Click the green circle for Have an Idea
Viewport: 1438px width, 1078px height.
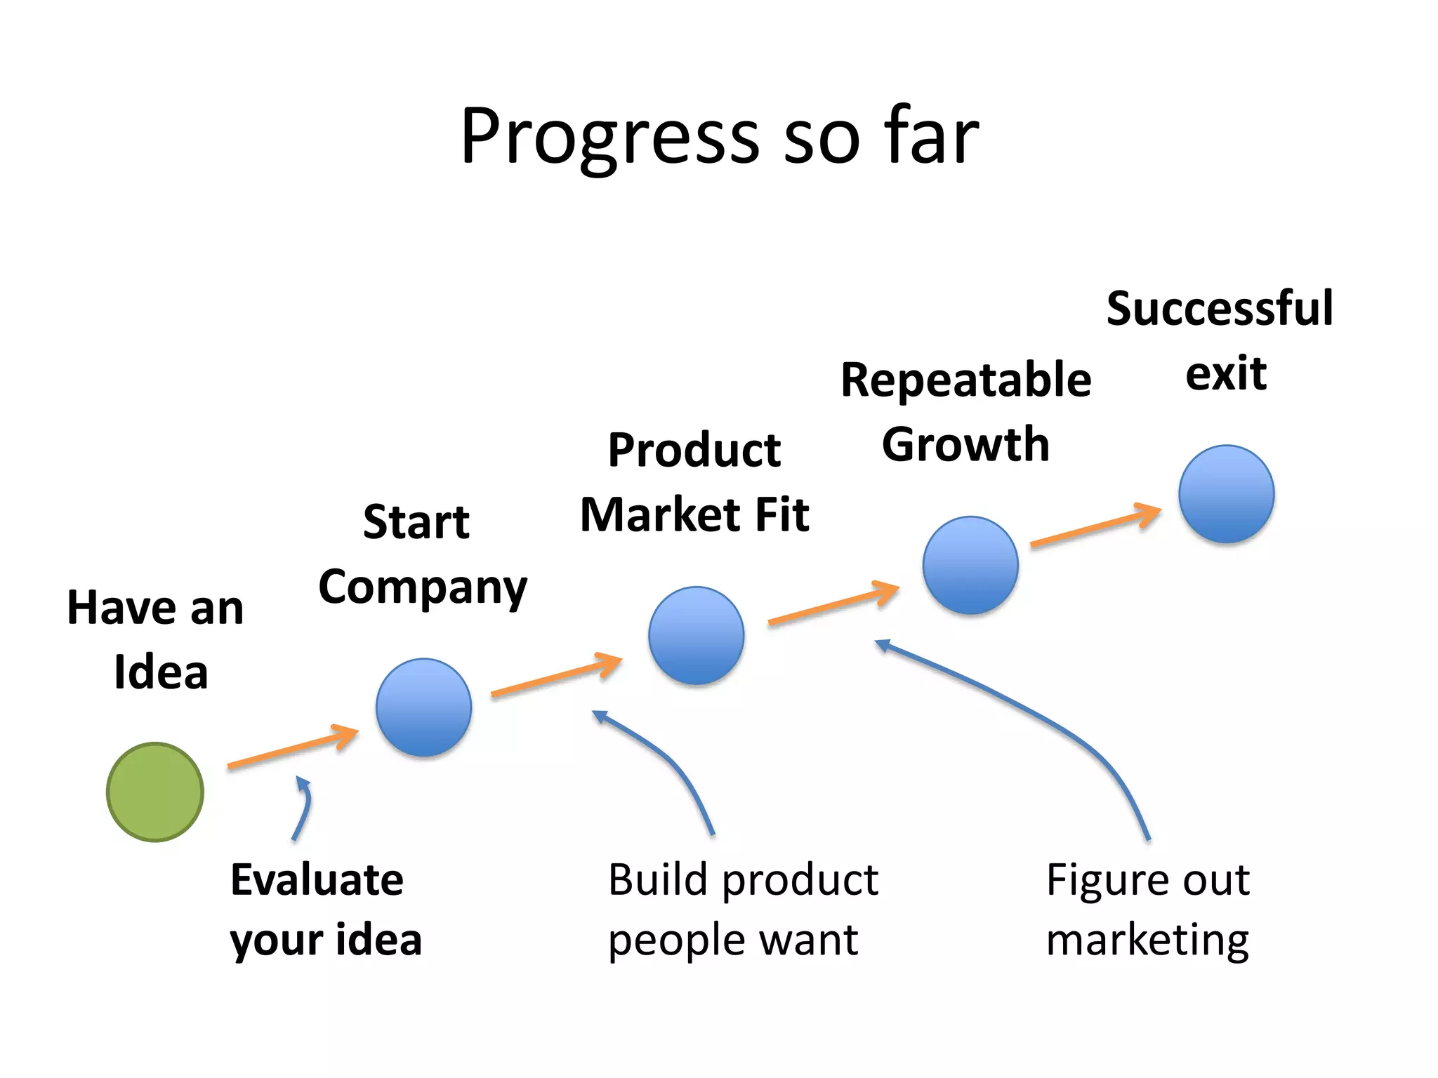coord(155,792)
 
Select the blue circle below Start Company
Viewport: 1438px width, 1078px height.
coord(423,707)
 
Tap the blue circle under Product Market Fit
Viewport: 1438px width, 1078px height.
coord(696,635)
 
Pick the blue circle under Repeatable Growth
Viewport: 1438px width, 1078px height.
coord(970,565)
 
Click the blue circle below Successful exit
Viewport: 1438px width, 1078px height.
coord(1226,493)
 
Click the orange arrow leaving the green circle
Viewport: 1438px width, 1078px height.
coord(291,748)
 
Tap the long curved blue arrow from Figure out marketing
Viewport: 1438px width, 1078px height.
coord(1039,716)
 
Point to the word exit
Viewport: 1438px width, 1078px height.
coord(1226,373)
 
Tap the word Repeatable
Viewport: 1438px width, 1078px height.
coord(966,380)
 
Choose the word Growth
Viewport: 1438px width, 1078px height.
coord(966,444)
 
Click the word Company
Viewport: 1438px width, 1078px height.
coord(423,587)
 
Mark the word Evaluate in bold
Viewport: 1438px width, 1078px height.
coord(317,879)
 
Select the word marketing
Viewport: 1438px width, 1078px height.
coord(1147,940)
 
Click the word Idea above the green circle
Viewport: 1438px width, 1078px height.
coord(161,672)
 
